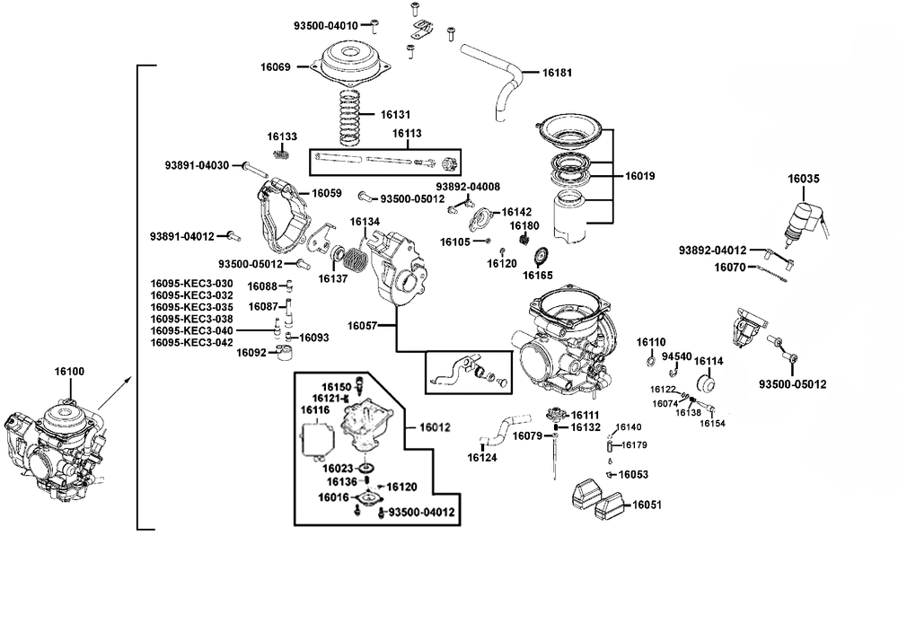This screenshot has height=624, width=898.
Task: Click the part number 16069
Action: (x=276, y=67)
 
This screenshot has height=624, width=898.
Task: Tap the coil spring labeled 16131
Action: (x=350, y=118)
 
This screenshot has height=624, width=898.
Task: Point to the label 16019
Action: (x=639, y=176)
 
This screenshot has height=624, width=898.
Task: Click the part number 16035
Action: (x=803, y=179)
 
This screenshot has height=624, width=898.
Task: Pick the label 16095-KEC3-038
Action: (x=192, y=319)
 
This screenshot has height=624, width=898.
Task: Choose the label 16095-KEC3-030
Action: (x=192, y=284)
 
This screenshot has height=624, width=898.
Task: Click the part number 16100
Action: (x=69, y=371)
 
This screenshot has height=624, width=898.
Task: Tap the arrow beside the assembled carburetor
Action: (x=115, y=392)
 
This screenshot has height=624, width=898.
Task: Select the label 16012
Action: (x=435, y=427)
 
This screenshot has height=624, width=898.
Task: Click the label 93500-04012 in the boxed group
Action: (x=421, y=512)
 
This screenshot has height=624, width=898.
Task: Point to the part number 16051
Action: (x=647, y=505)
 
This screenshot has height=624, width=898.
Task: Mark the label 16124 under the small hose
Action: (x=482, y=457)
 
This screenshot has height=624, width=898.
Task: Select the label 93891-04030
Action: (x=197, y=165)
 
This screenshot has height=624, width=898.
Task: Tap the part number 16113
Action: (x=407, y=134)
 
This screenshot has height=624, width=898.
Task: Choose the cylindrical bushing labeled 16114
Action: (x=705, y=383)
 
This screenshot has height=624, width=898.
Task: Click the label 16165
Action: (x=538, y=276)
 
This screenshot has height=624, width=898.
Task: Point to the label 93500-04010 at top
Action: (x=326, y=26)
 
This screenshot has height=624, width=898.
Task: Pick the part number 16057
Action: (x=362, y=326)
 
